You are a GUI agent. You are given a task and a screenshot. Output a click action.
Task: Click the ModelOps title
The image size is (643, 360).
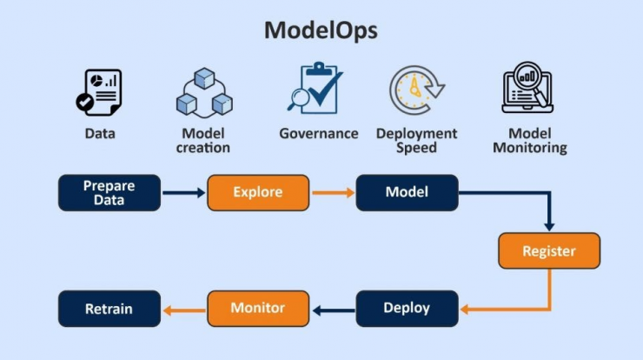click(x=321, y=30)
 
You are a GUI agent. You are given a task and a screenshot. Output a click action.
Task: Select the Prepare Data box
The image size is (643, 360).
click(x=109, y=193)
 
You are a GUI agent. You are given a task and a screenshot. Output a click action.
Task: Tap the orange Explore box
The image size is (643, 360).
click(x=258, y=193)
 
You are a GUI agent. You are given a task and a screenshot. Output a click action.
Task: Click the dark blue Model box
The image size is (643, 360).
click(x=408, y=193)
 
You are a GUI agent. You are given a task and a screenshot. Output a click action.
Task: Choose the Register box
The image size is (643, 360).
click(x=549, y=250)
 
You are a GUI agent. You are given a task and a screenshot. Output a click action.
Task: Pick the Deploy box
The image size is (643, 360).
click(x=408, y=309)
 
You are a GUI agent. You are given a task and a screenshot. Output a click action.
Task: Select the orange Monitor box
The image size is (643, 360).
click(x=258, y=309)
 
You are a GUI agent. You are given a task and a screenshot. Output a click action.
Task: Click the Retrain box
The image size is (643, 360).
click(x=109, y=309)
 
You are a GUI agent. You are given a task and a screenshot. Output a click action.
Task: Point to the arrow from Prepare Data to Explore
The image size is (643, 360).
click(x=183, y=192)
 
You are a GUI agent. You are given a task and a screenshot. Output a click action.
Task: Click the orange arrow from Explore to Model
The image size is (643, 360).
click(x=333, y=192)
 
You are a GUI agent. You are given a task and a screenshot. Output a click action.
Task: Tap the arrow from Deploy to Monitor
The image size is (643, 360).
click(x=333, y=310)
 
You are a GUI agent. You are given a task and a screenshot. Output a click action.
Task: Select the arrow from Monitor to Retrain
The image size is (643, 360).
click(x=184, y=310)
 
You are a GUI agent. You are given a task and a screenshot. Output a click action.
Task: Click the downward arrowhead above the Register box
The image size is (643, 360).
click(x=549, y=227)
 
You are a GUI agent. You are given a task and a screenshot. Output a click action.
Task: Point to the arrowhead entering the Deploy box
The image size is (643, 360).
click(x=464, y=310)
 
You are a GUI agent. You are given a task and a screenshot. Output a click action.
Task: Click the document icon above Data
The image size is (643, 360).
click(x=99, y=92)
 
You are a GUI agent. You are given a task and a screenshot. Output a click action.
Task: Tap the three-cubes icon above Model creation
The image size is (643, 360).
click(x=204, y=93)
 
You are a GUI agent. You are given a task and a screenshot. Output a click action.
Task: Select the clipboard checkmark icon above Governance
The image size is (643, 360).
click(x=315, y=88)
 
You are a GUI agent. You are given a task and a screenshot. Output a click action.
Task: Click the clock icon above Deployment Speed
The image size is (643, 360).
click(x=416, y=90)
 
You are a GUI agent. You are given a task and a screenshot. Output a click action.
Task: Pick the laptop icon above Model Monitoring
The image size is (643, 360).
click(x=527, y=88)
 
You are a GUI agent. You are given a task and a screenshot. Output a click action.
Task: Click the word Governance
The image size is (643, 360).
click(x=319, y=133)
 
